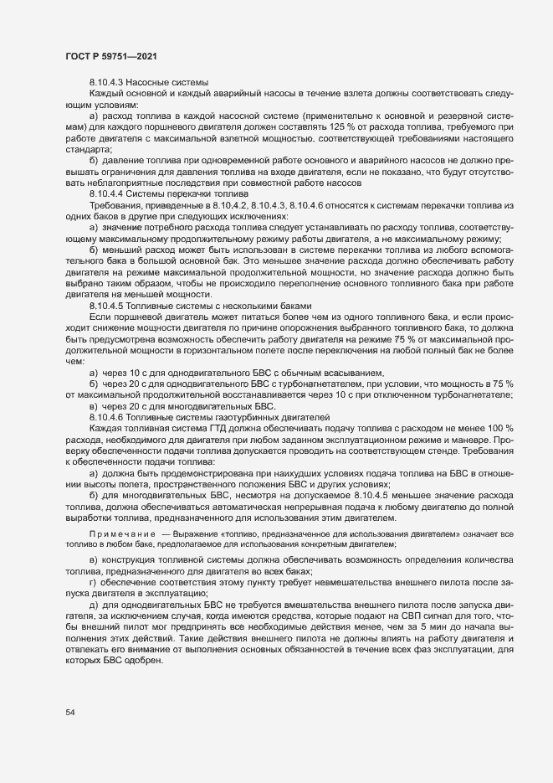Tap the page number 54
[70, 713]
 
